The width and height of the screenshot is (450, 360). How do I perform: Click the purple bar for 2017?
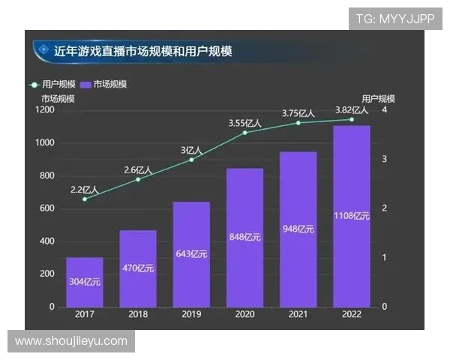click(x=84, y=282)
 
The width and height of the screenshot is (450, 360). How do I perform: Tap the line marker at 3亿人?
click(x=191, y=160)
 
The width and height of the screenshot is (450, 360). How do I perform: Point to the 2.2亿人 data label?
click(x=84, y=190)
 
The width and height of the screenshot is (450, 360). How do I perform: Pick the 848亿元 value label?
click(x=244, y=238)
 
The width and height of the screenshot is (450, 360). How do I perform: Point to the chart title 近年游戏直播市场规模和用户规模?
click(x=142, y=51)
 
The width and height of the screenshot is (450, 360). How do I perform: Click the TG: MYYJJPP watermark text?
click(x=394, y=18)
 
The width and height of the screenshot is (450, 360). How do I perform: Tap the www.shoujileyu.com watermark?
click(x=71, y=341)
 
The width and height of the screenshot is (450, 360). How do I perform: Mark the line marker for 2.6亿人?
click(x=138, y=179)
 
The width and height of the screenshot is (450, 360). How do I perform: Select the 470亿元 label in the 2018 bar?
click(x=138, y=268)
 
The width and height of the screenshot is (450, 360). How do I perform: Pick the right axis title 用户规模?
click(x=378, y=98)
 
